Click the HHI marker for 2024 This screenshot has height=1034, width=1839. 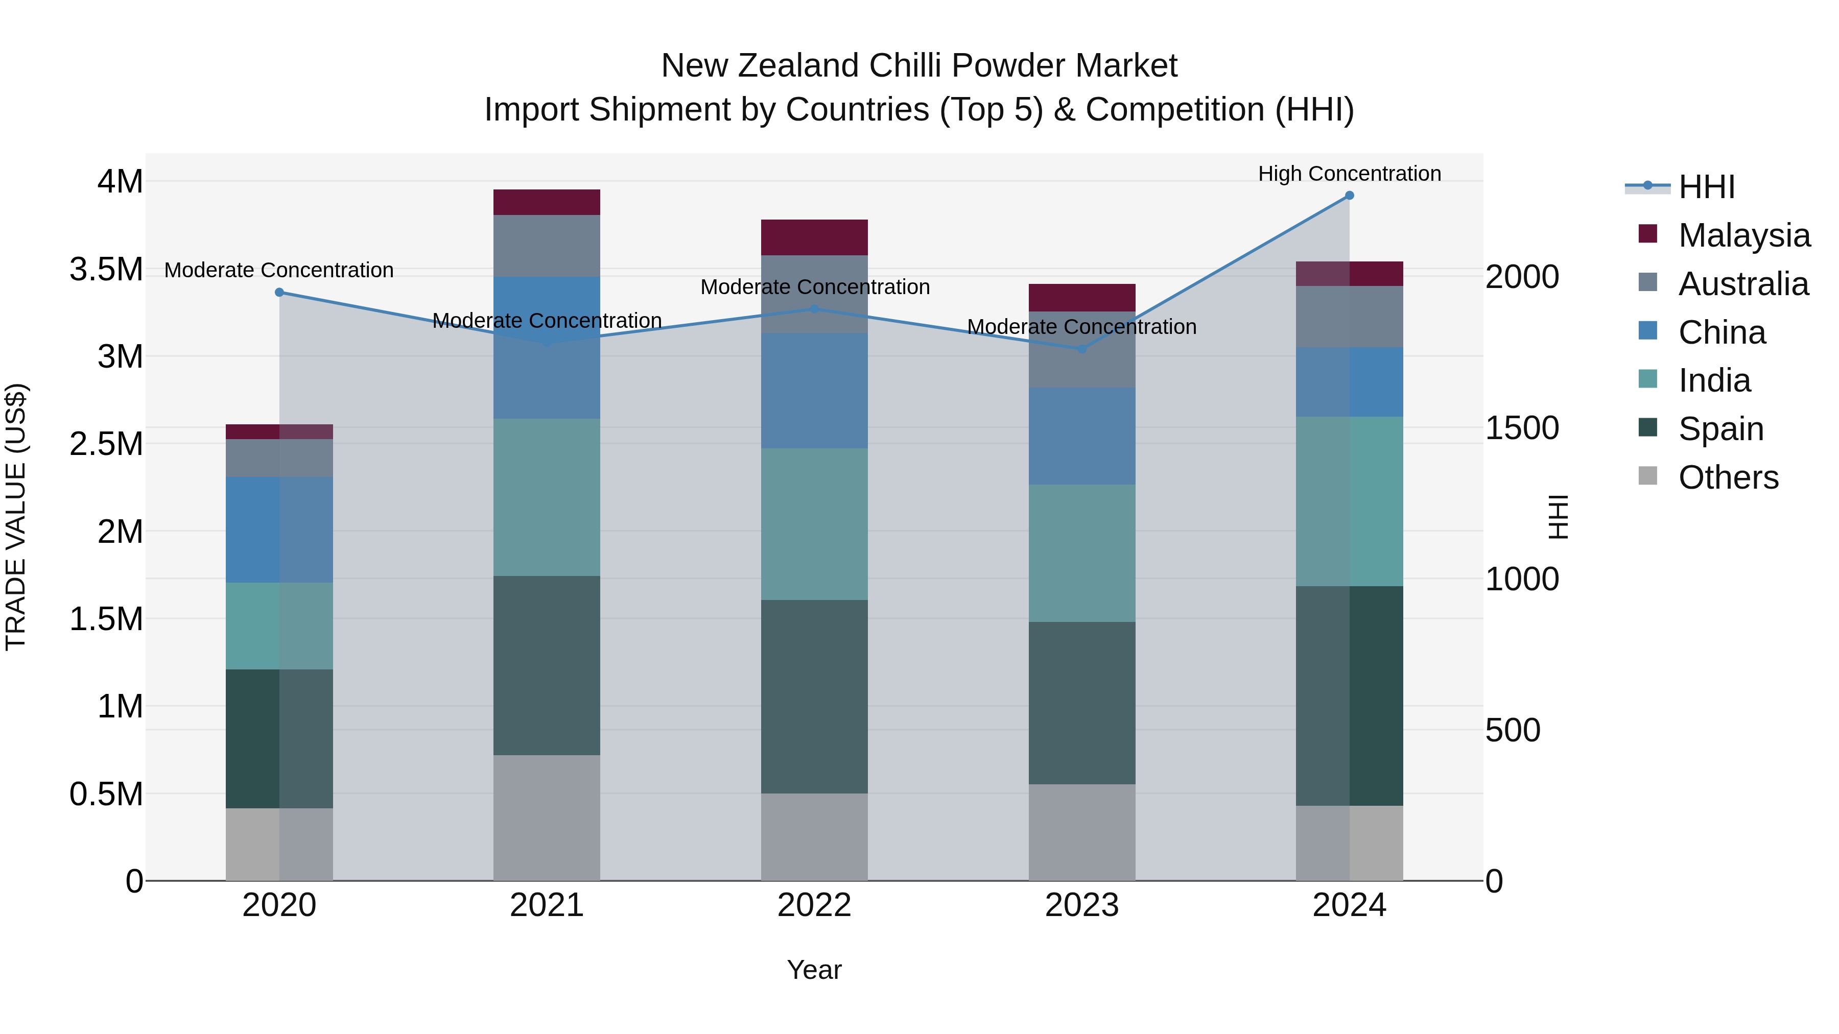click(1349, 196)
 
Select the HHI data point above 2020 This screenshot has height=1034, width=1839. click(279, 293)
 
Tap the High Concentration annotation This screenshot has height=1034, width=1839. click(1349, 174)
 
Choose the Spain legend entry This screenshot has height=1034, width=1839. click(1720, 429)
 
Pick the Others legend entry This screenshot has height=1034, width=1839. click(1728, 477)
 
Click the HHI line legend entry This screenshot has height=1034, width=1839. click(1706, 187)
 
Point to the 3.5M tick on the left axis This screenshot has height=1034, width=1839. click(106, 270)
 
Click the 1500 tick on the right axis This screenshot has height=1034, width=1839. click(1522, 428)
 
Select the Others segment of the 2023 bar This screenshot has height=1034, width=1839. click(1081, 832)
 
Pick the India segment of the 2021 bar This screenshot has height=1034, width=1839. click(546, 497)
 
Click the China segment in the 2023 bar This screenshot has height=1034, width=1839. click(1081, 436)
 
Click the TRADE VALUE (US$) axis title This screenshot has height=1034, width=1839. click(16, 517)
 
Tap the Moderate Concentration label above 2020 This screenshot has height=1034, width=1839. click(279, 271)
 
